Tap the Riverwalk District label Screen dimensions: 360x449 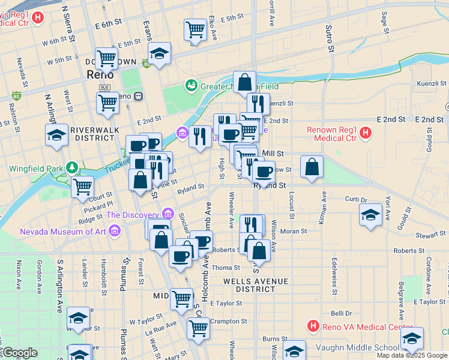[95, 134]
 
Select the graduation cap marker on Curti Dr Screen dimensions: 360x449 [370, 214]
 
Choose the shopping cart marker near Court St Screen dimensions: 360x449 [82, 186]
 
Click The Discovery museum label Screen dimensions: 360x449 [134, 214]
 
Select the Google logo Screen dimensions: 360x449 [19, 353]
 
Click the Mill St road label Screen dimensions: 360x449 [273, 154]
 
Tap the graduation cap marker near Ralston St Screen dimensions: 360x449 [56, 135]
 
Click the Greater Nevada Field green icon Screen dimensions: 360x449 [191, 86]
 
